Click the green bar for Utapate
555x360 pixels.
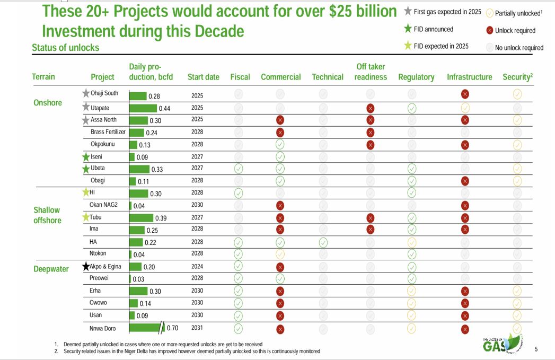coord(143,108)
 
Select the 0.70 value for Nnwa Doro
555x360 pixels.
coord(172,328)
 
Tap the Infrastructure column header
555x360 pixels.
coord(469,77)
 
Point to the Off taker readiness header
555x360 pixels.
coord(371,72)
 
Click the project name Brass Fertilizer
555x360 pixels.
coord(108,132)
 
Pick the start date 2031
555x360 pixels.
coord(197,328)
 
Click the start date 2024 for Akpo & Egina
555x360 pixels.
coord(197,267)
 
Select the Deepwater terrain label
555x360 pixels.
coord(51,269)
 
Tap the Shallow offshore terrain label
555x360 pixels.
coord(47,215)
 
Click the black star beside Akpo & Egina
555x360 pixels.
coord(85,267)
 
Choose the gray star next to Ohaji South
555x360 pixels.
coord(86,93)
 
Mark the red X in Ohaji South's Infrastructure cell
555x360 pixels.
coord(465,94)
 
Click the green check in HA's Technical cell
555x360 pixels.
coord(323,242)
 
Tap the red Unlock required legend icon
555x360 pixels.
coord(489,31)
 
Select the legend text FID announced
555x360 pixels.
coord(433,29)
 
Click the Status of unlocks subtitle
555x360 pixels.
coord(65,47)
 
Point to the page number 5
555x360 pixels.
coord(536,349)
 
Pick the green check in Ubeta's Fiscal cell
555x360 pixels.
coord(239,169)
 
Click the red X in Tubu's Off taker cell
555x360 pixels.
coord(371,217)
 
